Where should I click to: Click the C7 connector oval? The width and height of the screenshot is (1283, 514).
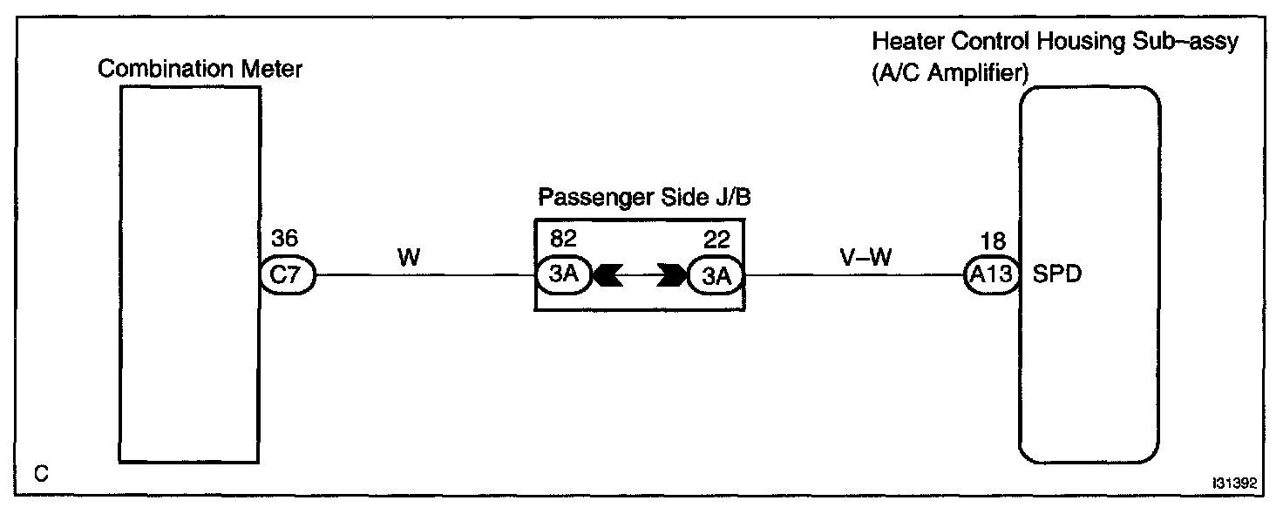pyautogui.click(x=287, y=276)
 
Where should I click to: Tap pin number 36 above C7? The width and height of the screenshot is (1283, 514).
pyautogui.click(x=285, y=239)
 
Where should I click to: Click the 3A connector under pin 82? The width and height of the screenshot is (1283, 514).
pyautogui.click(x=564, y=276)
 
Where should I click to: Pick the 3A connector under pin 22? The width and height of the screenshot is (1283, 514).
pyautogui.click(x=714, y=276)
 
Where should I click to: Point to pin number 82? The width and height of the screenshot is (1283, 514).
pyautogui.click(x=563, y=239)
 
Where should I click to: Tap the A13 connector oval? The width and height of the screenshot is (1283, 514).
pyautogui.click(x=992, y=276)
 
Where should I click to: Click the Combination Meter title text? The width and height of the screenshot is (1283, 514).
pyautogui.click(x=200, y=69)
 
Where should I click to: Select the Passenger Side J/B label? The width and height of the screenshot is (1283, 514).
pyautogui.click(x=644, y=197)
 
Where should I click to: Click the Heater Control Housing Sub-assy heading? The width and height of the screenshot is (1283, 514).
pyautogui.click(x=1055, y=42)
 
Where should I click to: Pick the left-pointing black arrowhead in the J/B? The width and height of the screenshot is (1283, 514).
pyautogui.click(x=607, y=276)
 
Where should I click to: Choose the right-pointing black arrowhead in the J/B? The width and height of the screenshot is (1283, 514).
pyautogui.click(x=672, y=276)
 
